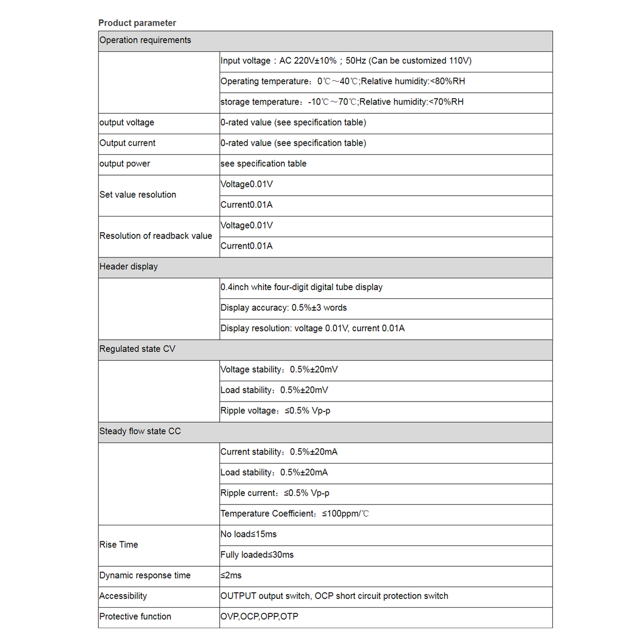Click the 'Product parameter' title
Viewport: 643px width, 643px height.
pyautogui.click(x=137, y=23)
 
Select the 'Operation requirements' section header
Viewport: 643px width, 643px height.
pyautogui.click(x=145, y=40)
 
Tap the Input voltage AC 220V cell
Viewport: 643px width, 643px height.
pyautogui.click(x=346, y=61)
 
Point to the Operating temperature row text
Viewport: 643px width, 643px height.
pyautogui.click(x=342, y=81)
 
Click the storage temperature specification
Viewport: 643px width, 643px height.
pyautogui.click(x=342, y=102)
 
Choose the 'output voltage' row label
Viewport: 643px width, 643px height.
pyautogui.click(x=127, y=123)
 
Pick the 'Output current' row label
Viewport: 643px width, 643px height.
pyautogui.click(x=127, y=143)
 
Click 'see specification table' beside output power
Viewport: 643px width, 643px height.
pyautogui.click(x=263, y=164)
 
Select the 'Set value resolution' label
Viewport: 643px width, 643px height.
pyautogui.click(x=137, y=195)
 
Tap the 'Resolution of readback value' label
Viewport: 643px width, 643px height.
pyautogui.click(x=156, y=236)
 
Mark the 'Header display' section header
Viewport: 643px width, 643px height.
pyautogui.click(x=129, y=267)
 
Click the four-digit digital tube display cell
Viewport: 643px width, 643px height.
pyautogui.click(x=301, y=287)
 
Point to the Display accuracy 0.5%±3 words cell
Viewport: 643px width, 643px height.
pyautogui.click(x=283, y=308)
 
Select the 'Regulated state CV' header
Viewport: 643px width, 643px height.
pyautogui.click(x=137, y=349)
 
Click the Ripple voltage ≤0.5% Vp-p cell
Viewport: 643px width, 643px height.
pyautogui.click(x=275, y=411)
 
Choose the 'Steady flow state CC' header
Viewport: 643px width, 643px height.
pyautogui.click(x=140, y=431)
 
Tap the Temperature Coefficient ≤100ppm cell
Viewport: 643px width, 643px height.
pyautogui.click(x=294, y=514)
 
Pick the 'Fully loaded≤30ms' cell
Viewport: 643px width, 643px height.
pyautogui.click(x=257, y=555)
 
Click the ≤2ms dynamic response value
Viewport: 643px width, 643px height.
pyautogui.click(x=231, y=575)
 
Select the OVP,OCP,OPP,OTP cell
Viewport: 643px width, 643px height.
pyautogui.click(x=259, y=616)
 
